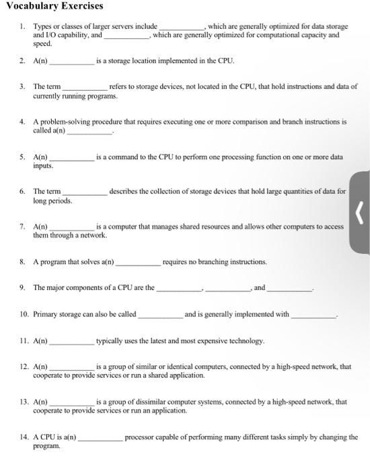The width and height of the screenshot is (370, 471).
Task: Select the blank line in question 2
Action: click(72, 62)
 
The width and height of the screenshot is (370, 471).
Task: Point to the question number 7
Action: click(23, 227)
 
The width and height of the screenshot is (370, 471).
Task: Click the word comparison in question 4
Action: click(268, 122)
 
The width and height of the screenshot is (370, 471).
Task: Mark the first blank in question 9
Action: click(178, 289)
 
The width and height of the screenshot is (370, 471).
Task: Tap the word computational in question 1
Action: click(266, 34)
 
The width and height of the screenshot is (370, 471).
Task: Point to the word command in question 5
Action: click(120, 157)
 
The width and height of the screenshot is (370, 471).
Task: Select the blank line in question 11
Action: click(72, 342)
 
